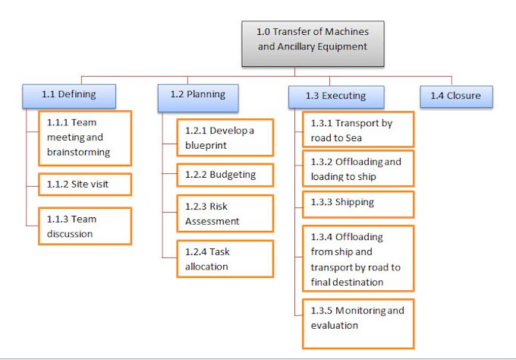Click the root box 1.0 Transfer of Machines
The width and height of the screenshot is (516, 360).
[313, 43]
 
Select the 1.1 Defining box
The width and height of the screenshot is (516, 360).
[69, 96]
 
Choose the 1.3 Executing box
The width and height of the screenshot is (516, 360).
[336, 96]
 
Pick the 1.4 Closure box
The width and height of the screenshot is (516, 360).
[456, 96]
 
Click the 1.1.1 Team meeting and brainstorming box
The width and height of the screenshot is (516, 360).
[84, 137]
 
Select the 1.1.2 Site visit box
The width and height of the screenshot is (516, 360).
[84, 184]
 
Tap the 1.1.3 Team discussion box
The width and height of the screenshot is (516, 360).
[84, 226]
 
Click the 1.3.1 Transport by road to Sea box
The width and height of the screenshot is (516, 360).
[358, 130]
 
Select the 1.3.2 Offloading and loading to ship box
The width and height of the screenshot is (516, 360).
[358, 169]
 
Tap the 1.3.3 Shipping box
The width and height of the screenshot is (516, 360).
[358, 204]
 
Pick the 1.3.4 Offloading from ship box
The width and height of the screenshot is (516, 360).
[358, 259]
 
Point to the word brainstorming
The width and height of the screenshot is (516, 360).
[79, 152]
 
